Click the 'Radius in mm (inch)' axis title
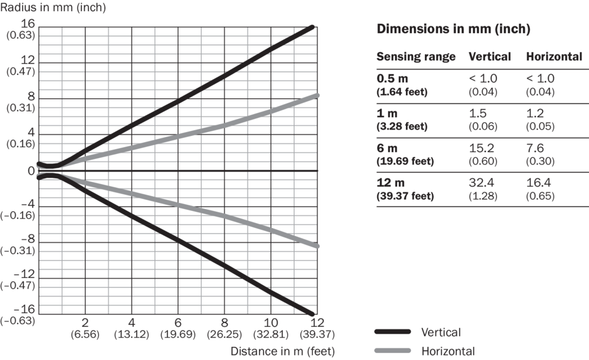tap(53, 8)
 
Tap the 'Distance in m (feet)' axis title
tap(283, 351)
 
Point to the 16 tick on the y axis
tap(29, 24)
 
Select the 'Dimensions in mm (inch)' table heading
tap(454, 29)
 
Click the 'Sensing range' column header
tap(415, 57)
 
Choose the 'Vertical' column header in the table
tap(489, 57)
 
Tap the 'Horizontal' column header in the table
tap(554, 57)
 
